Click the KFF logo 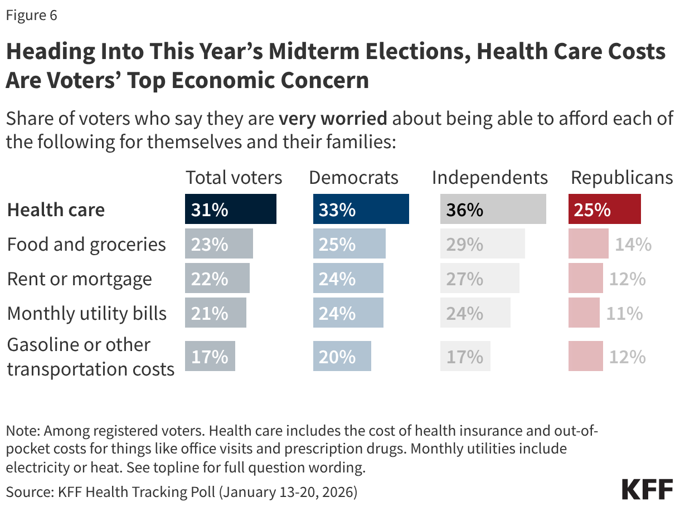[x=647, y=489]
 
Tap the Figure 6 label [x=32, y=16]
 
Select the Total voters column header [x=234, y=178]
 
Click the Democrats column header [x=353, y=178]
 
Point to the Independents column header [x=490, y=178]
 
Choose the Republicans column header [x=621, y=178]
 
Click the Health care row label [x=56, y=210]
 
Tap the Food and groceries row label [x=86, y=245]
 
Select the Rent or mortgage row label [x=79, y=279]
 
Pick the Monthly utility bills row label [x=86, y=313]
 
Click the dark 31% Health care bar [x=230, y=209]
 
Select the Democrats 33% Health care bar [x=361, y=209]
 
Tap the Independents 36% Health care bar [x=493, y=209]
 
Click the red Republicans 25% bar [x=604, y=209]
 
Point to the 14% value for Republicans [x=633, y=244]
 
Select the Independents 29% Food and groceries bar [x=482, y=244]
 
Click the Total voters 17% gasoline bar [x=210, y=357]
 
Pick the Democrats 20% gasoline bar [x=342, y=357]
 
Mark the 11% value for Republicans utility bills [x=624, y=313]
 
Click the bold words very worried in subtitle [x=333, y=119]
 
